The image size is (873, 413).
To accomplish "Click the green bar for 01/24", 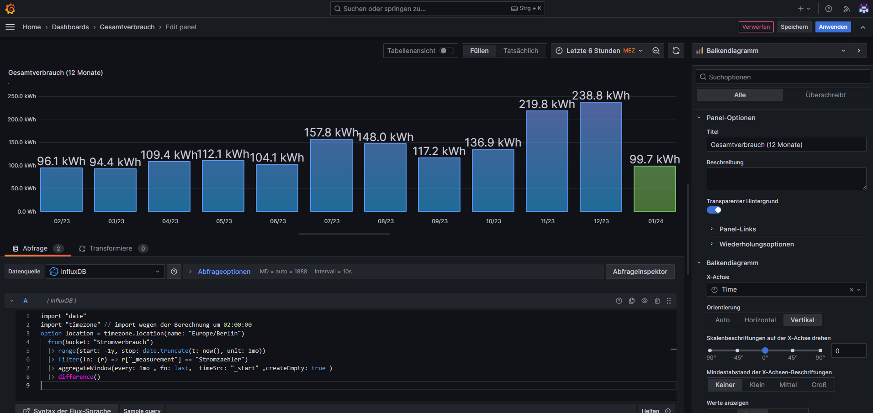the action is (x=655, y=189).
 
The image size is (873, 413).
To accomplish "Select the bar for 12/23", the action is (x=601, y=157).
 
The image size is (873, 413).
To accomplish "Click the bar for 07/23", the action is (x=331, y=175).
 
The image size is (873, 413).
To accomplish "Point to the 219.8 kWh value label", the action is (x=547, y=104).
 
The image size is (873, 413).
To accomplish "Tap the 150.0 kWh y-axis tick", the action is (x=22, y=142).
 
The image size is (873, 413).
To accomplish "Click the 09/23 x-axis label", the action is (x=439, y=221).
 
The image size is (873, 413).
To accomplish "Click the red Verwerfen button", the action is (x=756, y=27).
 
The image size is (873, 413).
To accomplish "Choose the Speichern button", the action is (x=794, y=27).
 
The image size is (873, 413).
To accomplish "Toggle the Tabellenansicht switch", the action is (x=446, y=51).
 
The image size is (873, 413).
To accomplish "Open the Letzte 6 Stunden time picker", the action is (x=599, y=51).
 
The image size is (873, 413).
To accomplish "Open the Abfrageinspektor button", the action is (x=640, y=272).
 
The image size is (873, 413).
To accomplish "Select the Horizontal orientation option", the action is (x=760, y=320).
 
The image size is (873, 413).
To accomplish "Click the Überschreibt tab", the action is (x=825, y=95).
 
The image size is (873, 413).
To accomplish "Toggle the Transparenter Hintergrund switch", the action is (x=714, y=210).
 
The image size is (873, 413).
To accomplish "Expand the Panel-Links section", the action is (x=737, y=229).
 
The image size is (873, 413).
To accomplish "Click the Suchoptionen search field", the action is (x=783, y=77).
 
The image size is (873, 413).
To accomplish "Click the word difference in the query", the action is (x=75, y=377).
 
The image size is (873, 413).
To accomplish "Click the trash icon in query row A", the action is (x=657, y=301).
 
